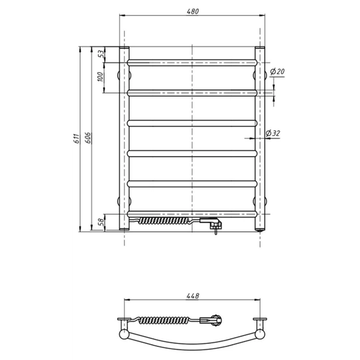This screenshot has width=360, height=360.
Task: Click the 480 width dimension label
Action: point(192,11)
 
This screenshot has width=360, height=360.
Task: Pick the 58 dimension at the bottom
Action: point(101,222)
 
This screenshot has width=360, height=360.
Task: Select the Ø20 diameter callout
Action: point(278,71)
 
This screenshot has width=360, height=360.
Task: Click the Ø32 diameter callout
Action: point(274,133)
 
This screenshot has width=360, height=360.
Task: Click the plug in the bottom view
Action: point(214,321)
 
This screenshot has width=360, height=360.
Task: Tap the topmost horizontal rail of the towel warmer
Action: point(192,61)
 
